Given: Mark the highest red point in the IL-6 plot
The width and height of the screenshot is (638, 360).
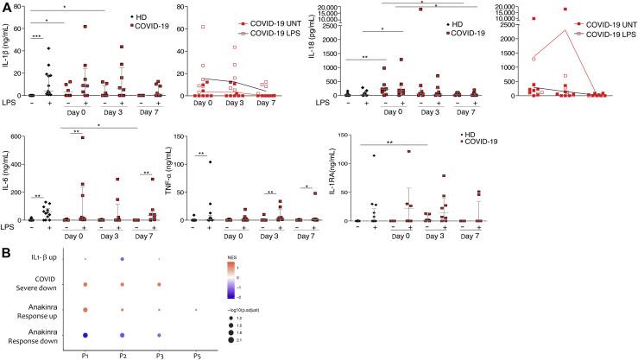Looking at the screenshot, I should click(x=84, y=137).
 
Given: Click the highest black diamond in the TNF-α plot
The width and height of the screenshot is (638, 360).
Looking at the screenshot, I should click(x=210, y=161).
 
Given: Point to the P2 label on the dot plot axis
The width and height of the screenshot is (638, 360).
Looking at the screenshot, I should click(x=123, y=353).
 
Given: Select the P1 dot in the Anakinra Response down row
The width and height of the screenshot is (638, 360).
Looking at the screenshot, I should click(x=85, y=334).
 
